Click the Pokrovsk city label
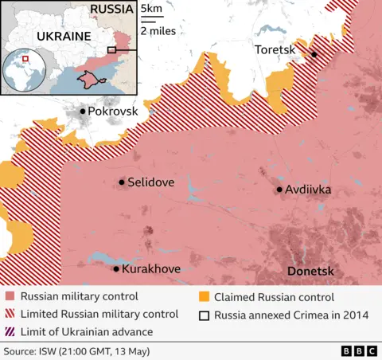(x=112, y=112)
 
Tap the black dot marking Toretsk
(x=314, y=54)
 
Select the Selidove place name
(x=151, y=182)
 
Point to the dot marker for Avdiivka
(x=279, y=190)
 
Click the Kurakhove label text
(x=151, y=269)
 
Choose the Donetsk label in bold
(x=310, y=272)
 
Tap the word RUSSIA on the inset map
(x=111, y=10)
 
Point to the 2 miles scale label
(x=158, y=31)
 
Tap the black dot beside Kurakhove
(x=116, y=269)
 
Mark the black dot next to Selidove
(x=122, y=182)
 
